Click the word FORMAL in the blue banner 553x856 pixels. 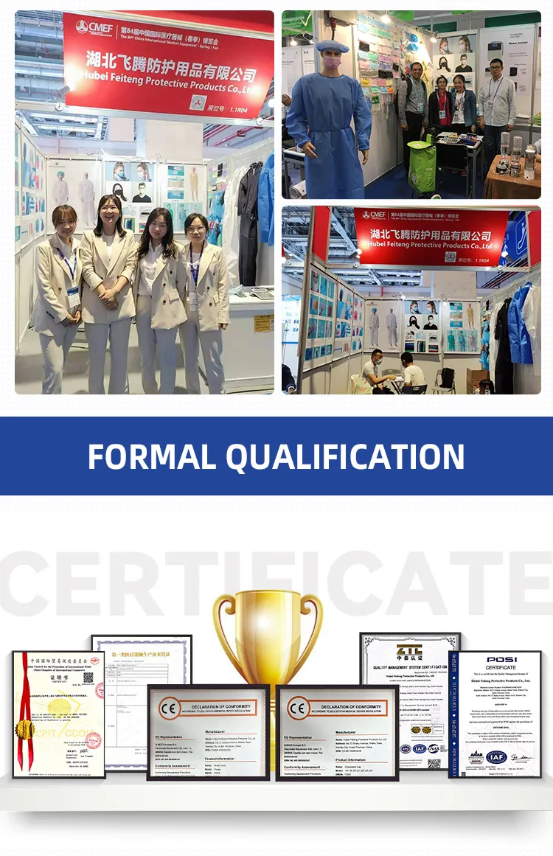coord(151,456)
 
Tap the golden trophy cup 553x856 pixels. coord(268,634)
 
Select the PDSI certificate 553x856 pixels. coord(494,714)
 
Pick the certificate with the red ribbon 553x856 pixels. coord(58,714)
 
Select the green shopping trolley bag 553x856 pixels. coord(422,167)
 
